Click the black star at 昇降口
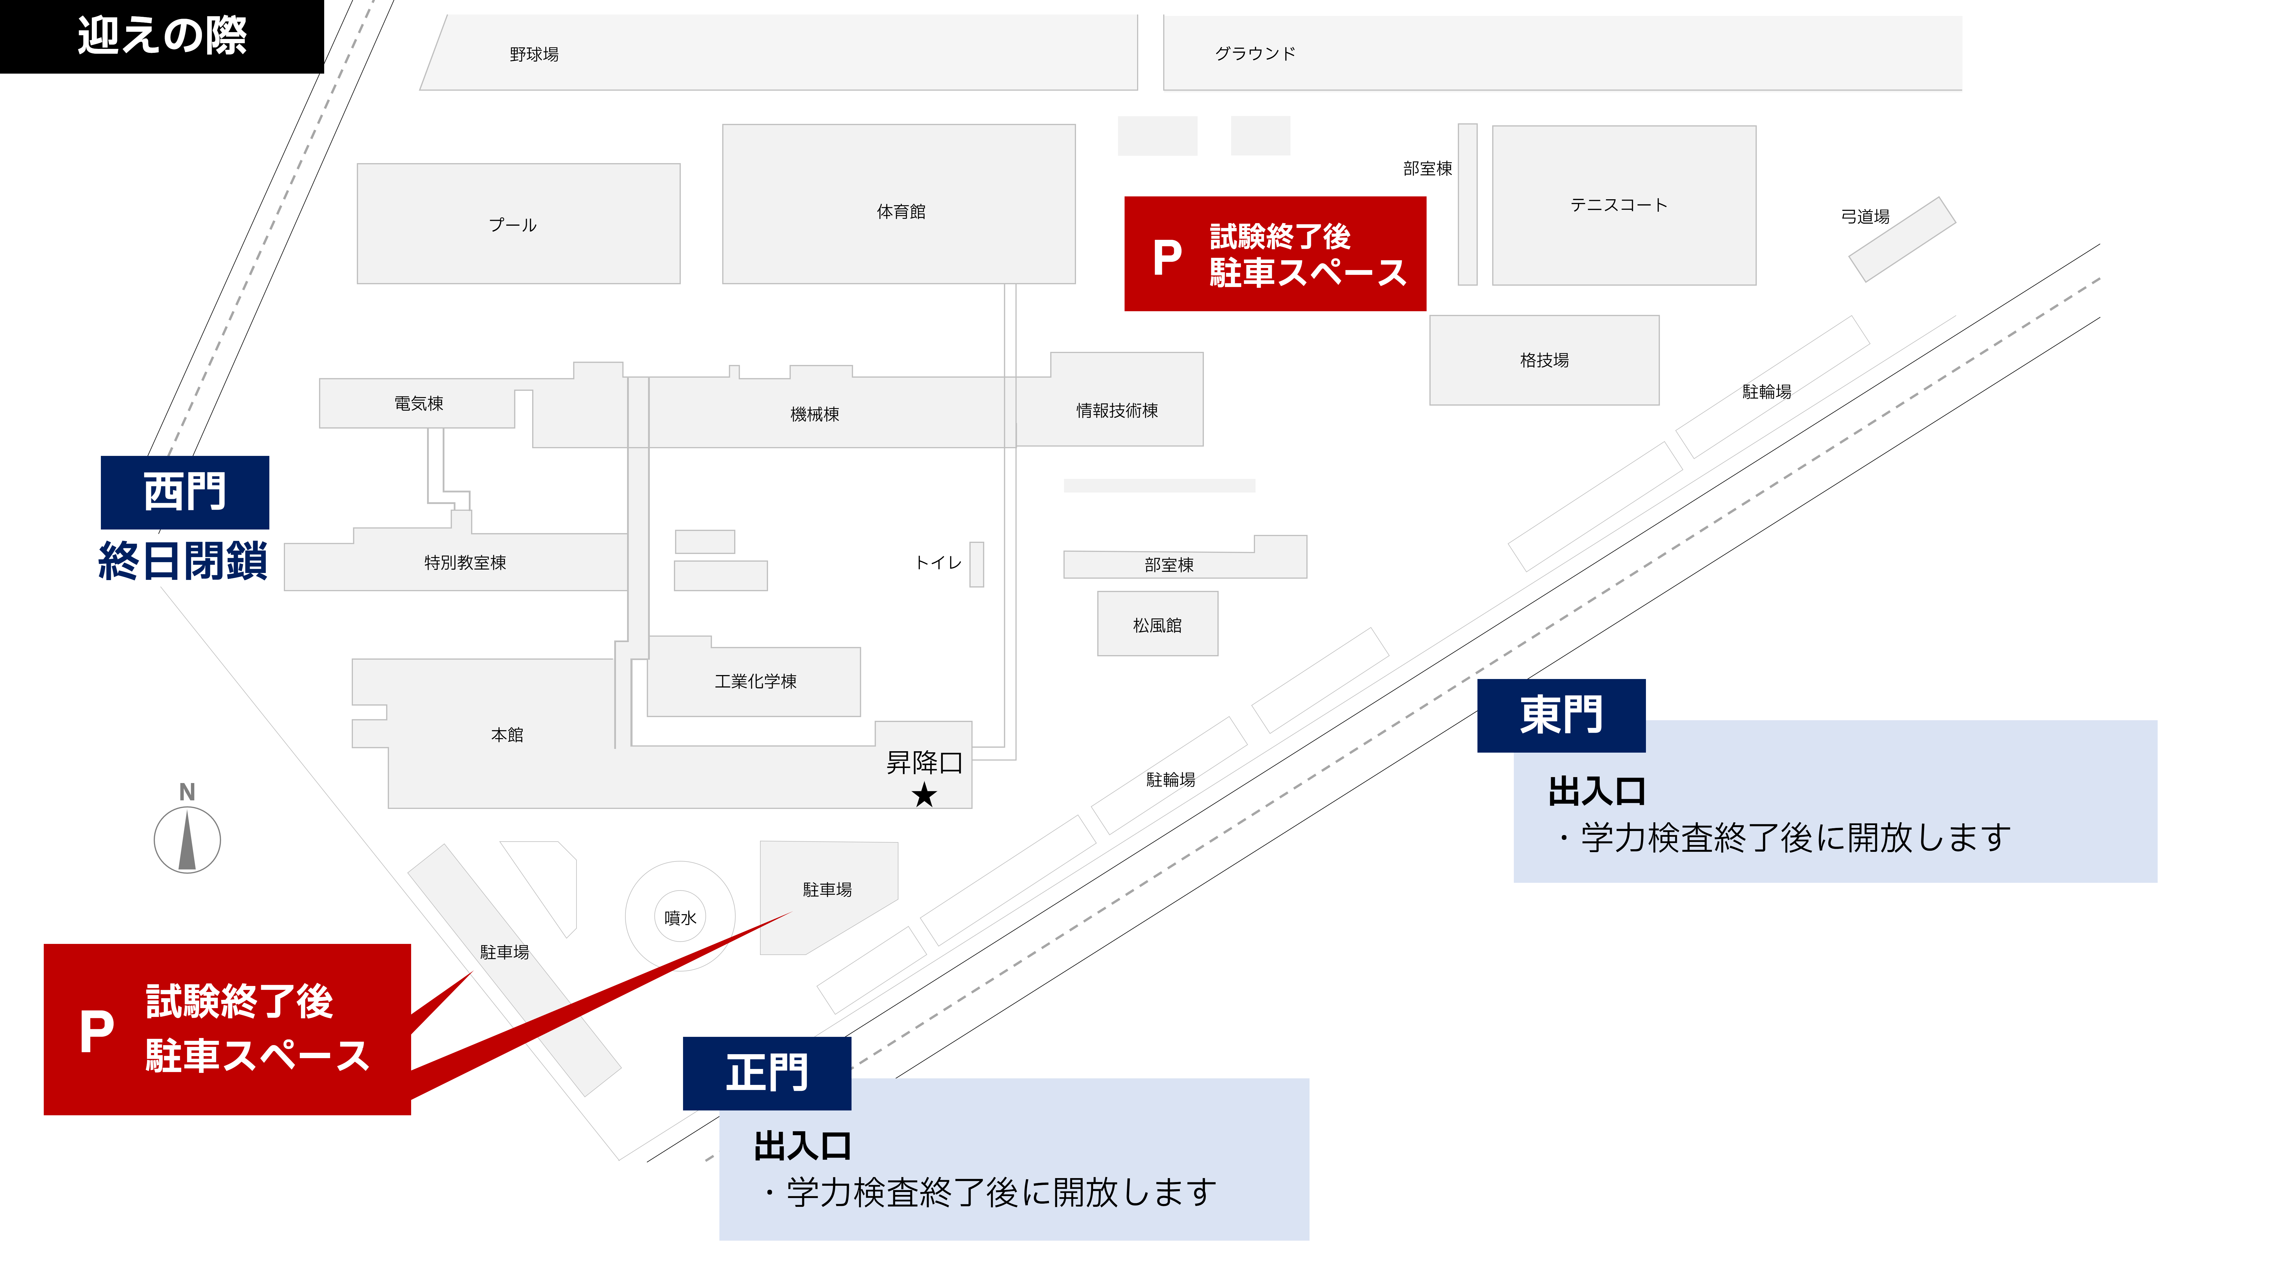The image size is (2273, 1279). point(924,795)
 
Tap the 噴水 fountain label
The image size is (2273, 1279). point(680,918)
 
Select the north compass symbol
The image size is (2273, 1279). point(187,838)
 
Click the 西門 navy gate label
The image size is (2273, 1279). point(184,492)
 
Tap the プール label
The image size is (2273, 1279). point(513,225)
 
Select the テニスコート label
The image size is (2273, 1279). point(1618,205)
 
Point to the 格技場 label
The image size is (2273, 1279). point(1544,360)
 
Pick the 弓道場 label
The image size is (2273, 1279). point(1864,216)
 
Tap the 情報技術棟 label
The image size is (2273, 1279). point(1116,410)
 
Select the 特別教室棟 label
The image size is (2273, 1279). point(465,562)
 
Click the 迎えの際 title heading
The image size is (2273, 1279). point(161,36)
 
